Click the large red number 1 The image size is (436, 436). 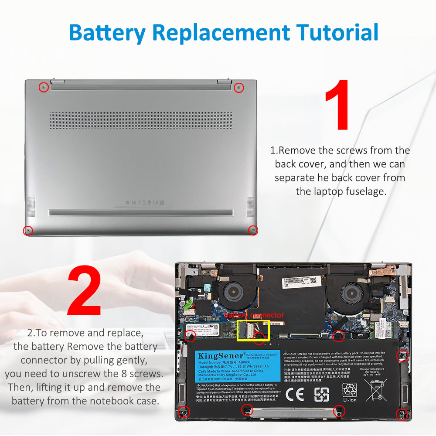tap(337, 105)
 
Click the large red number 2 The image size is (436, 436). tap(84, 291)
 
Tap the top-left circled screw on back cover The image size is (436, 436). tap(44, 88)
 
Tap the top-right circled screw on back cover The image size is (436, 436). tap(238, 88)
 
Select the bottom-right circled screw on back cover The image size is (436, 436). tap(252, 230)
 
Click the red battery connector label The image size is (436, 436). tap(254, 315)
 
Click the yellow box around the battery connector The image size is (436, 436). tap(253, 330)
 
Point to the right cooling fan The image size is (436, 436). tap(352, 293)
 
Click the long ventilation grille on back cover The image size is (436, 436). tap(141, 120)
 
